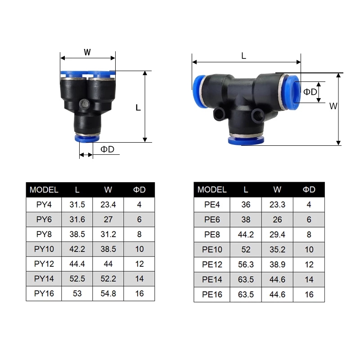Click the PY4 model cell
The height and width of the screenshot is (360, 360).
[44, 205]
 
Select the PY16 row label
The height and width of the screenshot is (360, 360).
[44, 293]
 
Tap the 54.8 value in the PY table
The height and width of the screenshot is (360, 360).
[108, 293]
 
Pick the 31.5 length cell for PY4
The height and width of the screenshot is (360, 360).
[77, 205]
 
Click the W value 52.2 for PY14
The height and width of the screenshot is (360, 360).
[108, 279]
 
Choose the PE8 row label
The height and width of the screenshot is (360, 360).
[212, 234]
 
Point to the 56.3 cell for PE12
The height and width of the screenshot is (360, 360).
[246, 264]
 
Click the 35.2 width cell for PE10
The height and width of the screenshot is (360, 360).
[277, 249]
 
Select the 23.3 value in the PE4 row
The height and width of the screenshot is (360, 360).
[277, 205]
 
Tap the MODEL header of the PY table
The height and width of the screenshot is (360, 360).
[44, 189]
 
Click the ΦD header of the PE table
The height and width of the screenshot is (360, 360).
[309, 189]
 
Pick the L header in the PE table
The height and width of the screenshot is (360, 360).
[246, 189]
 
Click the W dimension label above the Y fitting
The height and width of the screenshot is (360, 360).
[87, 52]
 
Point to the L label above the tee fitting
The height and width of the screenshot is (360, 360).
[243, 56]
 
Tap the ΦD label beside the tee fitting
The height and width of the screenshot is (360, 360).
[310, 92]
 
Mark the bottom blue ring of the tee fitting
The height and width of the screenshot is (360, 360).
[245, 141]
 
